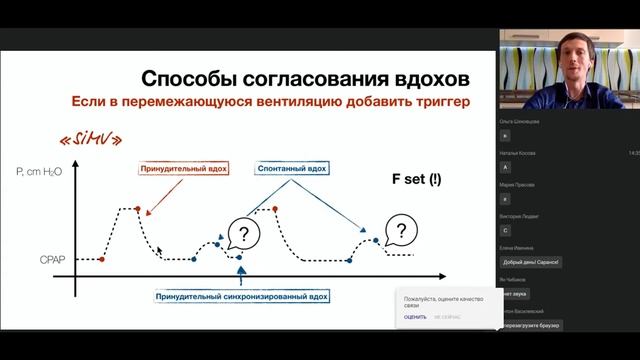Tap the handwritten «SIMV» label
[89, 138]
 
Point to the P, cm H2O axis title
[39, 172]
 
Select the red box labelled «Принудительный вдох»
[183, 169]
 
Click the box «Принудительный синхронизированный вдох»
[242, 297]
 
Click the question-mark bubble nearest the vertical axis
[244, 234]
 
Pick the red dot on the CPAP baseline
[103, 259]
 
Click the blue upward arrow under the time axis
[240, 274]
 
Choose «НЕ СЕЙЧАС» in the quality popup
[446, 317]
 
